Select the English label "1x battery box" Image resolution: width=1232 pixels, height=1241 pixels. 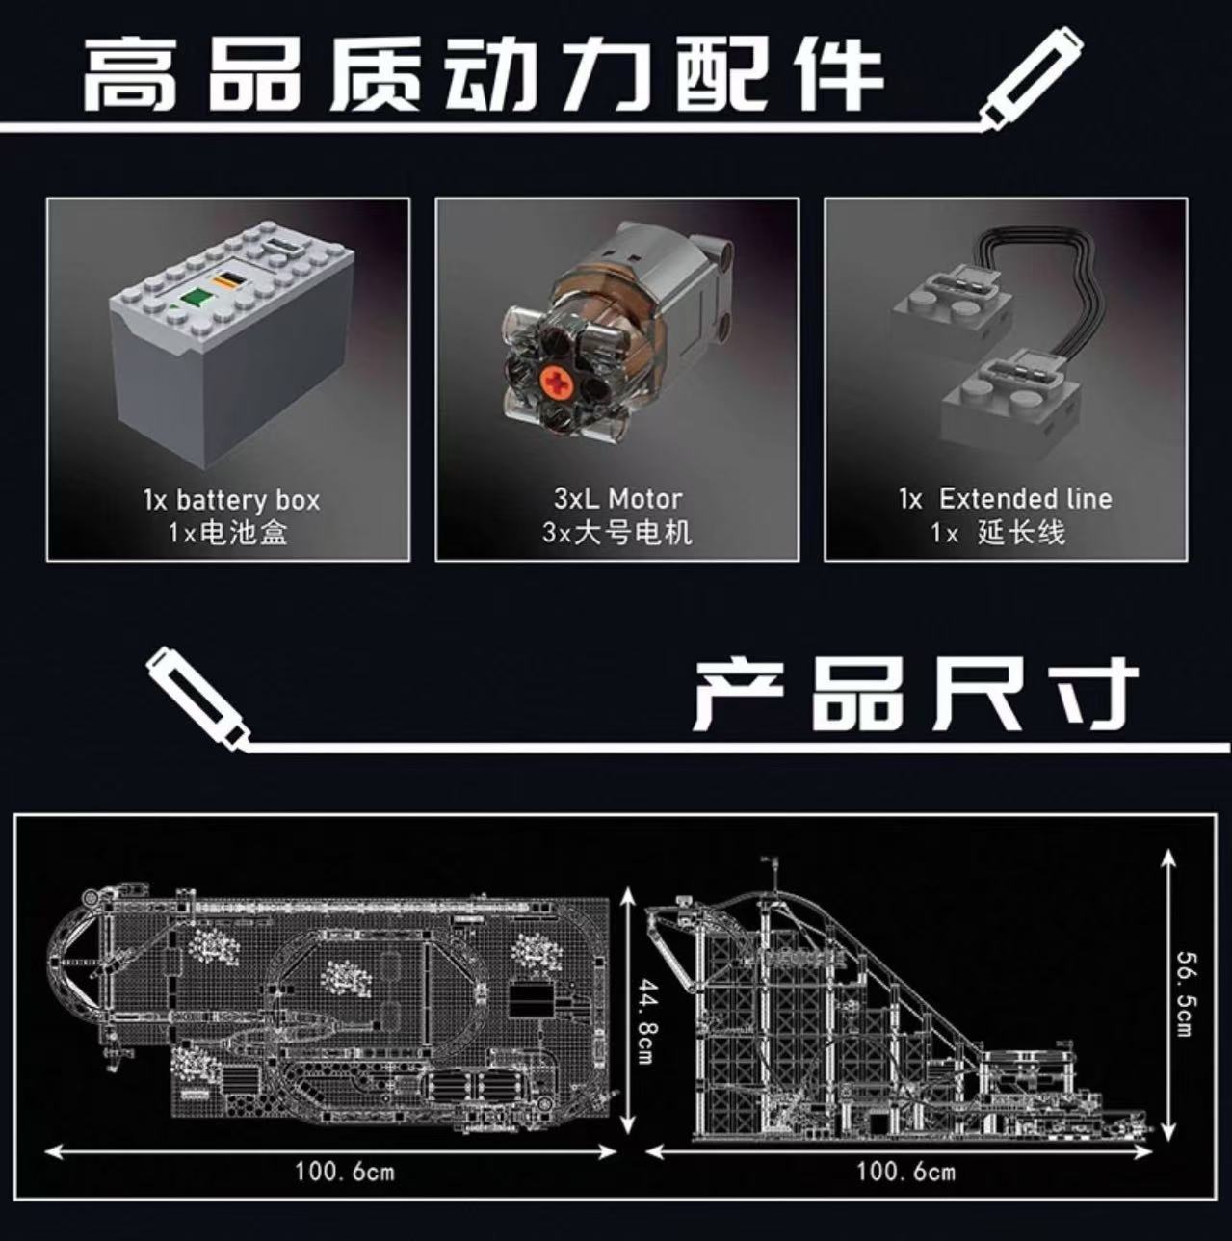[231, 500]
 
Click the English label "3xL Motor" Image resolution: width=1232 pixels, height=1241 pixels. [617, 498]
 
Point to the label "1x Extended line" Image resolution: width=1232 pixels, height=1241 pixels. [1006, 498]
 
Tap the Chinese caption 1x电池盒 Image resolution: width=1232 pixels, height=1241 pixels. [227, 533]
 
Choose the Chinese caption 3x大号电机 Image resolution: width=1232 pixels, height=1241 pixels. [616, 532]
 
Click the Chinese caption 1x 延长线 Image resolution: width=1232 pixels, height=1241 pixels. [998, 533]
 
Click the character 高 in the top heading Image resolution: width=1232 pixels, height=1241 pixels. [130, 74]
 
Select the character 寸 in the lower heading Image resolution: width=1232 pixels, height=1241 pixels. [1089, 694]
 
